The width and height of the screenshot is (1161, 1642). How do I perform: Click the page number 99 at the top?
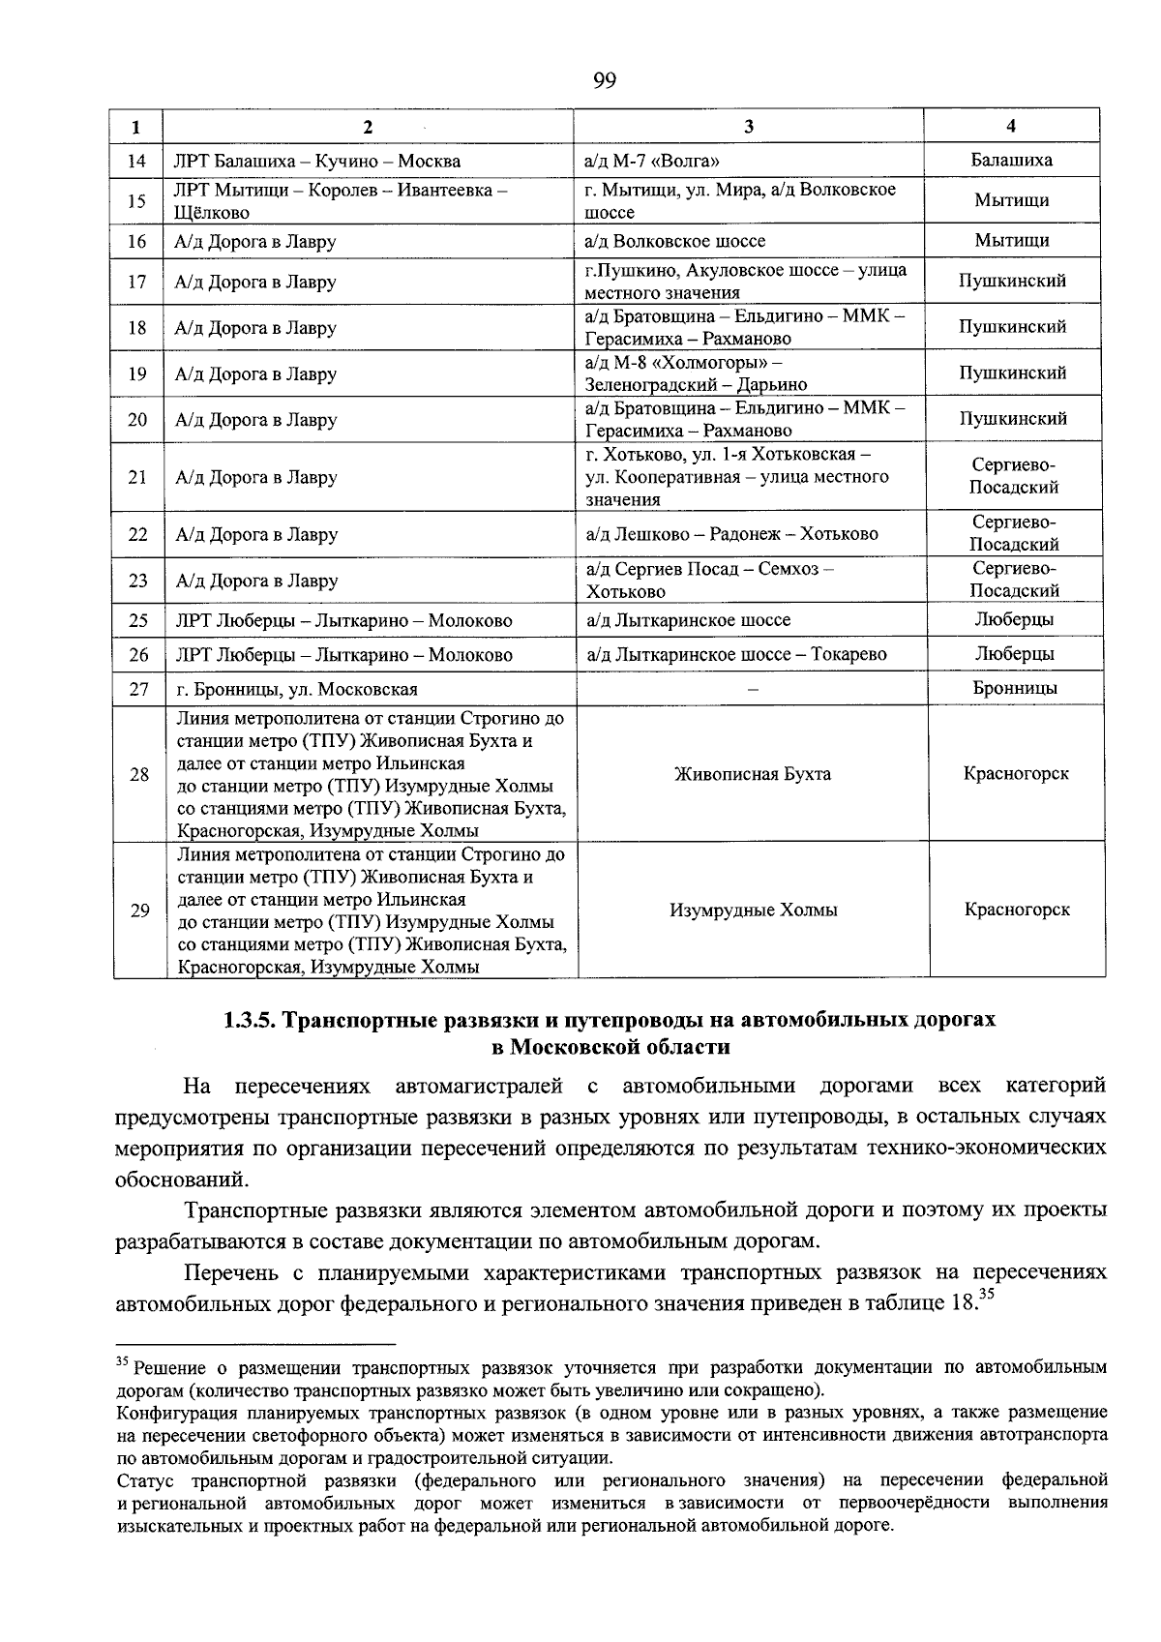pyautogui.click(x=604, y=80)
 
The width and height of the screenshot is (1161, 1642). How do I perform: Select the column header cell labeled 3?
pyautogui.click(x=750, y=126)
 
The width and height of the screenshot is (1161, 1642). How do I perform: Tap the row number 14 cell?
pyautogui.click(x=137, y=161)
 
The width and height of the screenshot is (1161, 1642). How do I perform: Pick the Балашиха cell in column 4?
pyautogui.click(x=1012, y=160)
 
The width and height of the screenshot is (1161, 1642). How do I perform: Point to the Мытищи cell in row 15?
pyautogui.click(x=1012, y=200)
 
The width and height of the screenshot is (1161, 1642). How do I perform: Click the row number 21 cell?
pyautogui.click(x=137, y=477)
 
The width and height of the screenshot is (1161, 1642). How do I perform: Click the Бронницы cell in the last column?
pyautogui.click(x=1014, y=688)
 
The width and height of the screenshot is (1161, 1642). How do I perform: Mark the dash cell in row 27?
pyautogui.click(x=752, y=690)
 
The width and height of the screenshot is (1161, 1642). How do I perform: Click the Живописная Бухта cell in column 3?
pyautogui.click(x=752, y=774)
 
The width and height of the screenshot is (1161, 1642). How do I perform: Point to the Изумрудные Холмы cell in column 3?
pyautogui.click(x=753, y=910)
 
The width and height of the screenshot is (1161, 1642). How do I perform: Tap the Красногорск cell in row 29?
pyautogui.click(x=1017, y=910)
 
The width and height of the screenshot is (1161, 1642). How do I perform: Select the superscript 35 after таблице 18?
pyautogui.click(x=986, y=1294)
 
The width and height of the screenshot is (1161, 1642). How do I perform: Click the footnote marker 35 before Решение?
pyautogui.click(x=122, y=1363)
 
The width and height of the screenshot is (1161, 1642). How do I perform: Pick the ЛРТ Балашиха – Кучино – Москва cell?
pyautogui.click(x=317, y=161)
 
